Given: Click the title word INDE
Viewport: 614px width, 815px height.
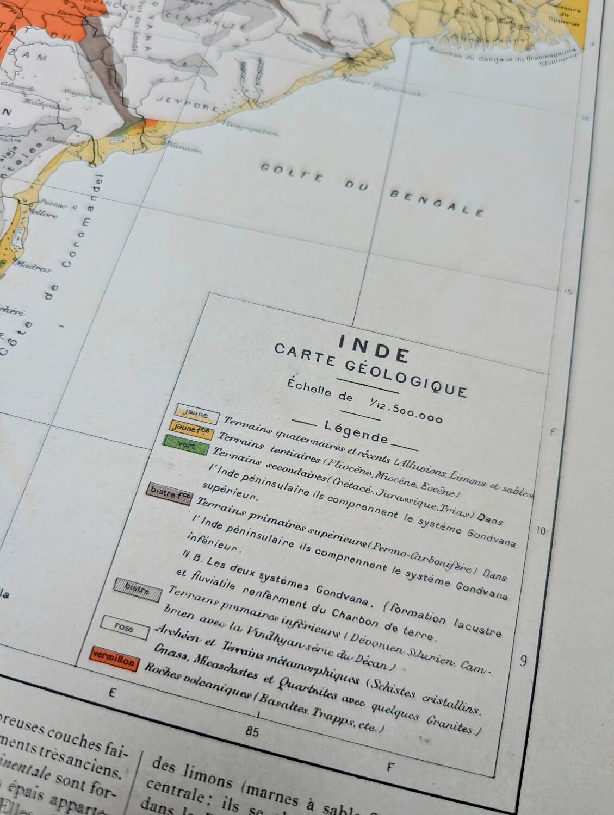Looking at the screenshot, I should [x=374, y=348].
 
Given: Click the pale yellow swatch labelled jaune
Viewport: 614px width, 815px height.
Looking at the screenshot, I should [x=196, y=414].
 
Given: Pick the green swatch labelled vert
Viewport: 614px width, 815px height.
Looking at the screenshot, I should [x=186, y=445].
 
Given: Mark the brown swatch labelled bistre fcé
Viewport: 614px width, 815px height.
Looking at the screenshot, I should [x=169, y=495].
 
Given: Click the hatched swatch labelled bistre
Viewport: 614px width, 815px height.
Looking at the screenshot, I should [x=137, y=588].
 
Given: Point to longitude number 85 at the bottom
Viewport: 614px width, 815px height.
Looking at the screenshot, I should [x=252, y=731].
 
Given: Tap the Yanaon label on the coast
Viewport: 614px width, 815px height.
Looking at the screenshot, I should [x=184, y=148].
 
